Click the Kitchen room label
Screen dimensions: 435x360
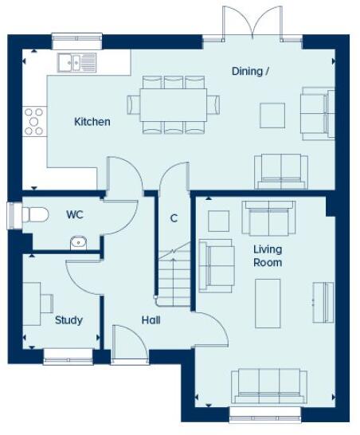click(92, 122)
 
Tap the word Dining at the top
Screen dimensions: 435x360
click(250, 71)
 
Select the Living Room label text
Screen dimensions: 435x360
click(268, 256)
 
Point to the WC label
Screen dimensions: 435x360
click(75, 214)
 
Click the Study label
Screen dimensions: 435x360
click(68, 320)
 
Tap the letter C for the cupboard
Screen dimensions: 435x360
click(174, 217)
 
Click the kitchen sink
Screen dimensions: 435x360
click(76, 61)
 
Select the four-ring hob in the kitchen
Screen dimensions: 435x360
click(34, 122)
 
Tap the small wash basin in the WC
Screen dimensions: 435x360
click(78, 242)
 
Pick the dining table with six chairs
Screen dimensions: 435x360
click(173, 104)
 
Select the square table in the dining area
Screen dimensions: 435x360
click(272, 115)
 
